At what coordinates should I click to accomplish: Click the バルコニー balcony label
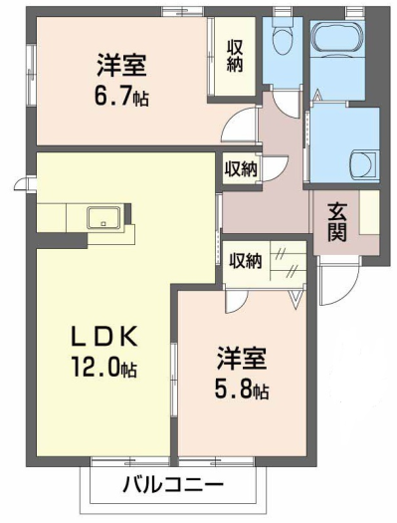click(x=173, y=484)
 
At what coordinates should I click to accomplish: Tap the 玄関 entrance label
click(x=337, y=222)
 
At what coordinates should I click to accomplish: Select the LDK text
click(x=104, y=336)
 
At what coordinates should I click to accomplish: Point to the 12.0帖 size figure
click(x=103, y=366)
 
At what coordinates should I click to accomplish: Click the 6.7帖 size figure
click(x=121, y=95)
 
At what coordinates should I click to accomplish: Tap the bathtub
click(x=338, y=36)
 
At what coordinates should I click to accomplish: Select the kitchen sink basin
click(x=103, y=217)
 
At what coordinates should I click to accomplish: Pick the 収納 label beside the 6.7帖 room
click(x=235, y=56)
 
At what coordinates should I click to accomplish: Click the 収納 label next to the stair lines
click(x=246, y=261)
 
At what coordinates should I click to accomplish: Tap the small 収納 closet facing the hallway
click(x=241, y=169)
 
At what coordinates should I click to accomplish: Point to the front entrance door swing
click(x=338, y=284)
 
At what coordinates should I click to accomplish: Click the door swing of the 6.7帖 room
click(x=238, y=125)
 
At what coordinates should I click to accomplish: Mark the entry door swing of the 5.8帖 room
click(x=236, y=301)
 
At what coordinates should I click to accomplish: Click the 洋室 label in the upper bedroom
click(x=121, y=65)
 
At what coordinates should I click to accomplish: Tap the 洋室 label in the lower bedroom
click(x=242, y=359)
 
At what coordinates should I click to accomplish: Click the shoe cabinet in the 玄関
click(x=369, y=212)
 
